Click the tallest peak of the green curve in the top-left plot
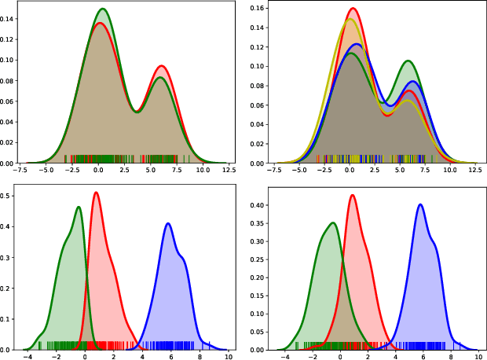pos(102,9)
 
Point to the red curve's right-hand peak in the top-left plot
pos(161,66)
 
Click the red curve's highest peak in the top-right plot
pos(353,9)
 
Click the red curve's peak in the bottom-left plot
pos(96,193)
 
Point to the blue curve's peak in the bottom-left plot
pos(168,224)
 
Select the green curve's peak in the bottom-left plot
pos(79,208)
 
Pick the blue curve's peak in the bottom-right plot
pos(421,205)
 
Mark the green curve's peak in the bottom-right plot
pos(333,223)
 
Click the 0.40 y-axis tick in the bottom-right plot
pos(267,205)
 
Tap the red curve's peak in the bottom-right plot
pos(353,196)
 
